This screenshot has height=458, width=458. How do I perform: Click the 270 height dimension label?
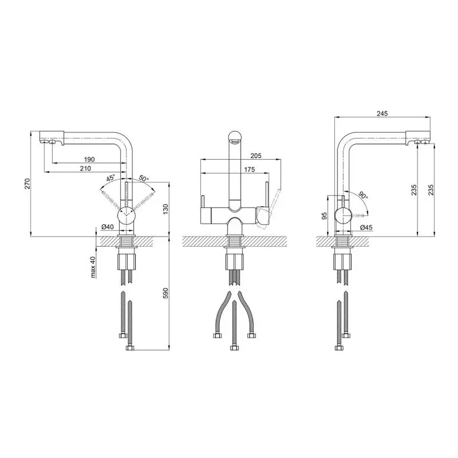coord(27,184)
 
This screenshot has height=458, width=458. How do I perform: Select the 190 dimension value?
coord(90,159)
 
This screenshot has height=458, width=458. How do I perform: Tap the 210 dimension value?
coord(85,168)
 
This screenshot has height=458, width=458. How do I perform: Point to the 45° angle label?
coord(111,178)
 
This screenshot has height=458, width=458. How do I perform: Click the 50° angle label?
coord(144,178)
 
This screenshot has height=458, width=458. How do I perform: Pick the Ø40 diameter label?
coord(107,226)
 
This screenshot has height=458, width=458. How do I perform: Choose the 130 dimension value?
coord(166,209)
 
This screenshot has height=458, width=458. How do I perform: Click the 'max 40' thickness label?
coord(93,267)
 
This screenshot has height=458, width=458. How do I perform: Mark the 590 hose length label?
coord(166,293)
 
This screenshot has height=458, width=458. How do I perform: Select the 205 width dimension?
coord(256,156)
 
